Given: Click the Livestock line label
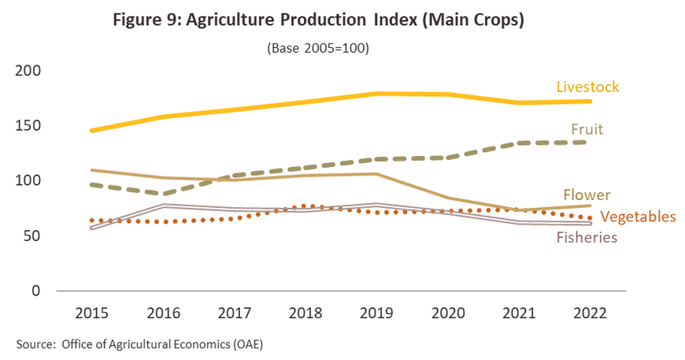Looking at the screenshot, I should [x=587, y=87].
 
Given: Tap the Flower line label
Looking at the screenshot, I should [x=587, y=195].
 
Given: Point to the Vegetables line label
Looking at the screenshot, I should [x=638, y=217].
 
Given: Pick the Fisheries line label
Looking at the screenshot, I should [x=587, y=237].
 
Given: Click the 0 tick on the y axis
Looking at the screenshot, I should [x=36, y=291].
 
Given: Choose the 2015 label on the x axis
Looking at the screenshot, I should [x=91, y=314].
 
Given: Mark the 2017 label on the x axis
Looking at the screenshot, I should [x=235, y=314].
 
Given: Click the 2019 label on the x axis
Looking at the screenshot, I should [x=378, y=314].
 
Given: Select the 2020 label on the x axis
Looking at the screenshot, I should [x=449, y=314].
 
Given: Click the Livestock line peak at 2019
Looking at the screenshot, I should [x=378, y=94].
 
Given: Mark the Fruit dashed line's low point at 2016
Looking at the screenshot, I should [x=163, y=194].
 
